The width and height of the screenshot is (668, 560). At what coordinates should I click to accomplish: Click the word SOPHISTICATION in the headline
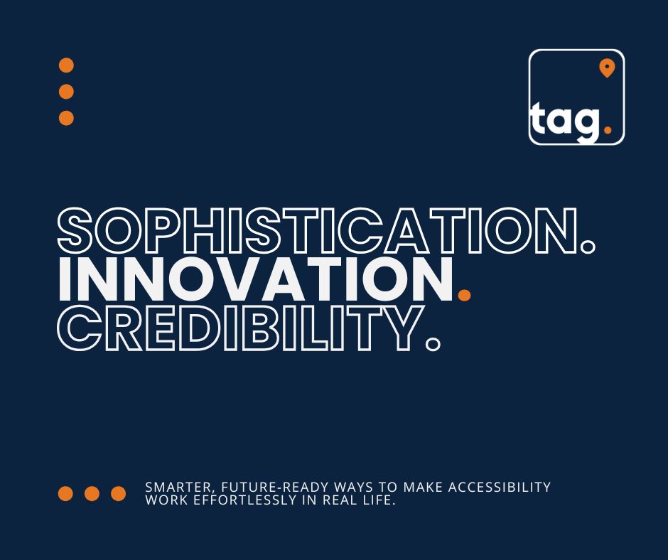tap(316, 232)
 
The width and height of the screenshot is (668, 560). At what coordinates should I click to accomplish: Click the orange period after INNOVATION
tap(464, 293)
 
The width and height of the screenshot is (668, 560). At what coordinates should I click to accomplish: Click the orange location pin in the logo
tap(606, 68)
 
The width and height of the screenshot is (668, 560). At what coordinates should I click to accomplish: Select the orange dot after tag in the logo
tap(606, 130)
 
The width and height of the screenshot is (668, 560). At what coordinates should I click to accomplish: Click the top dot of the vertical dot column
tap(66, 65)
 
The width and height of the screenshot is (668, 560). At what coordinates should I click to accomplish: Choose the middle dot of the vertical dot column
tap(66, 92)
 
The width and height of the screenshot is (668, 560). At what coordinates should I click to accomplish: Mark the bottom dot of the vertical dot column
tap(66, 118)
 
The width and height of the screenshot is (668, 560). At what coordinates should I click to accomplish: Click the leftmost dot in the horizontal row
tap(65, 493)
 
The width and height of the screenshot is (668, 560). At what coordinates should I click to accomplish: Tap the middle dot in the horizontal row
tap(92, 493)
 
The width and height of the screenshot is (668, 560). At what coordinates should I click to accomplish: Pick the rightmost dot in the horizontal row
tap(118, 493)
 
